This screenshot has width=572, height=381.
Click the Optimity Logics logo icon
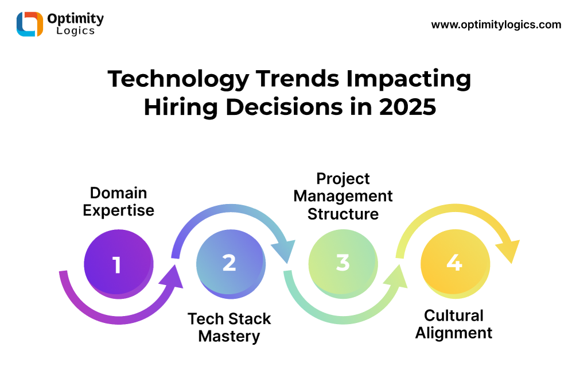pos(30,24)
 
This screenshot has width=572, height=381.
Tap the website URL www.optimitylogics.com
pos(496,25)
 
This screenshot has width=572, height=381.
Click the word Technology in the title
pos(178,79)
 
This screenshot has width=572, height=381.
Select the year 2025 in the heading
pos(407,107)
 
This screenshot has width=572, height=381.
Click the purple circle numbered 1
pos(119,264)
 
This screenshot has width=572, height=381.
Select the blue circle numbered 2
pos(231,264)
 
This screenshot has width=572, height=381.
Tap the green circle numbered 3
pos(343,264)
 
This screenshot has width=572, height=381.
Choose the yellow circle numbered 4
pos(456,264)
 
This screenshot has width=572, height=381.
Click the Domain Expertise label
pos(119,202)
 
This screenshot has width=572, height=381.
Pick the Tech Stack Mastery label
pos(229,328)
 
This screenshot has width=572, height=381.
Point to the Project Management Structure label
pos(343,196)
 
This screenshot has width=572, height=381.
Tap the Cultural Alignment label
pos(454,324)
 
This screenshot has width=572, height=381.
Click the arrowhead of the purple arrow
pos(171,278)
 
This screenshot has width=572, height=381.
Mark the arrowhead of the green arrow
pos(395,278)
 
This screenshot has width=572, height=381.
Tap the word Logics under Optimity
pos(76,30)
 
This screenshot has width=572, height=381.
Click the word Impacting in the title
pos(408,79)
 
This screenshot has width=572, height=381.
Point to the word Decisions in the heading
pos(285,107)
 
